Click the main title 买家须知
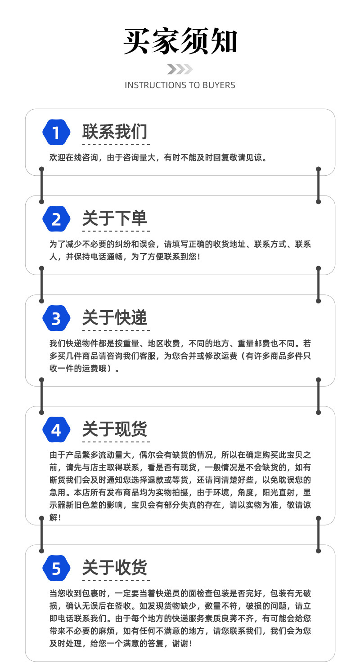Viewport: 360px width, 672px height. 180,41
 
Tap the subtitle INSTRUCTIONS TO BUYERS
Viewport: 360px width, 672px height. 180,85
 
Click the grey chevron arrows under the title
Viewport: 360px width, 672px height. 180,69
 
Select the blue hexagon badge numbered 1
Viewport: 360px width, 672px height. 56,133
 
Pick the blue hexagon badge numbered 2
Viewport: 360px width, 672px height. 56,219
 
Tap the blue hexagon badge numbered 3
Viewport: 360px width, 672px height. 56,318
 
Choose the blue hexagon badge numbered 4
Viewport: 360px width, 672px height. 56,430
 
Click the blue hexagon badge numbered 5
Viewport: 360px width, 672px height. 56,569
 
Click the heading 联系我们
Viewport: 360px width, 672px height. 115,132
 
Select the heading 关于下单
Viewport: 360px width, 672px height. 115,218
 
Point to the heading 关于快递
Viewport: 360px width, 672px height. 115,317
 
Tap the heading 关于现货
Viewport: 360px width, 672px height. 115,429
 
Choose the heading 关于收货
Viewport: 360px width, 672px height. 115,568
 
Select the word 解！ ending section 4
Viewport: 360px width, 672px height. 55,517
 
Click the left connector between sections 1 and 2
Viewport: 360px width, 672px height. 42,185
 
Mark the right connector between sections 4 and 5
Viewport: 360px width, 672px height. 319,534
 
